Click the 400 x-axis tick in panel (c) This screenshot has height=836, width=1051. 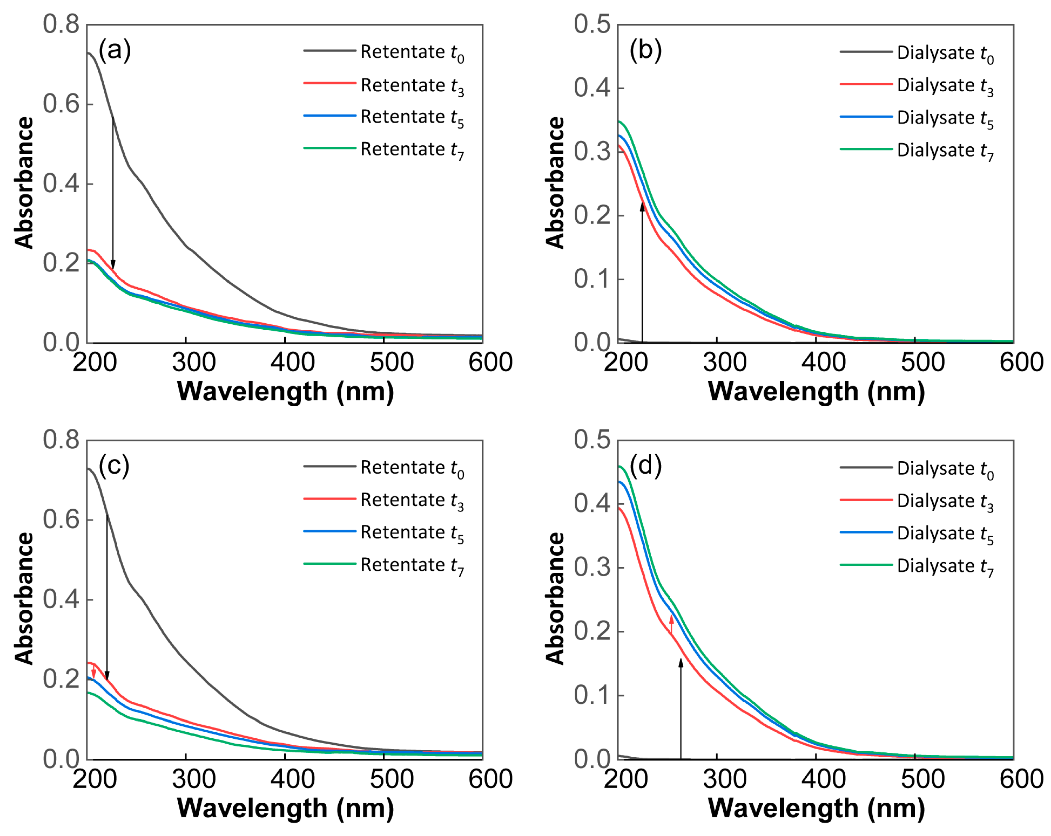tap(293, 779)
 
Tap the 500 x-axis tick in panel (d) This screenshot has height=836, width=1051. tap(922, 779)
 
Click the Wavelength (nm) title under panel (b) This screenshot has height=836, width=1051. tap(816, 392)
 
